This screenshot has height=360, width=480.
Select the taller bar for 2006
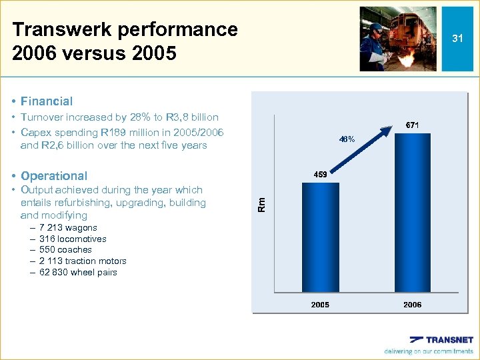point(412,213)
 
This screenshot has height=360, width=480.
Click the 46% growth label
point(347,139)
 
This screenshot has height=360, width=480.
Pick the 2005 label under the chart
point(320,305)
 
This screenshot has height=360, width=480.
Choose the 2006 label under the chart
point(412,305)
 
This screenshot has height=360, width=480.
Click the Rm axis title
point(262,203)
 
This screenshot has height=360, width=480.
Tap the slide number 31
point(457,39)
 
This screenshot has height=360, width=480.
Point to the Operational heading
point(54,176)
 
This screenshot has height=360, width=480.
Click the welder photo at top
point(398,39)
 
